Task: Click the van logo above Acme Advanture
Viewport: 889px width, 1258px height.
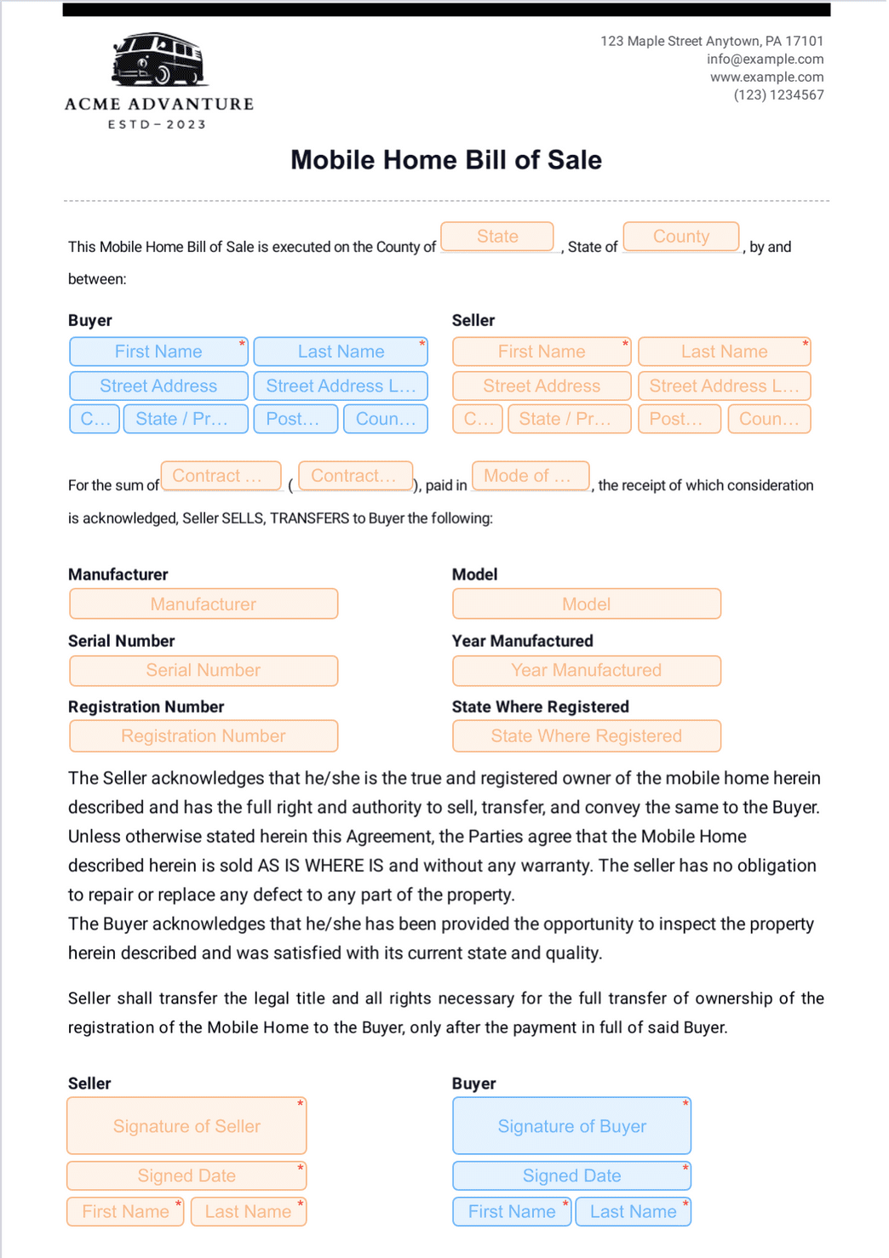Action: point(159,60)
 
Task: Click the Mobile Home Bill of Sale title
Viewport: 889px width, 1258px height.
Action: point(445,160)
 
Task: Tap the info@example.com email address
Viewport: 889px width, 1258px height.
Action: point(765,59)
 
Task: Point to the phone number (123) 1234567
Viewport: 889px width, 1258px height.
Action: point(778,94)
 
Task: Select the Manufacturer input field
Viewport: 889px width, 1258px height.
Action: point(204,604)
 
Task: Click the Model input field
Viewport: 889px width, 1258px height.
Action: point(586,604)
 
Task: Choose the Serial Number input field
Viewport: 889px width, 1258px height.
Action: point(204,671)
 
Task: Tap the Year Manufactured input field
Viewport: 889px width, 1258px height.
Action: point(586,671)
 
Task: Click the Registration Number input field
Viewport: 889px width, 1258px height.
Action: point(204,736)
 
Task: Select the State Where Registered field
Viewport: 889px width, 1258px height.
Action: point(586,736)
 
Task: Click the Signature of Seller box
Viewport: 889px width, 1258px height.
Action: point(186,1126)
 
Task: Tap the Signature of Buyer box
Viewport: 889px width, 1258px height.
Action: point(571,1126)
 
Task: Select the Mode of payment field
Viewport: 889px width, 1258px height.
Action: point(531,477)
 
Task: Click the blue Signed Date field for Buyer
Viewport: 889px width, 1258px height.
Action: point(571,1176)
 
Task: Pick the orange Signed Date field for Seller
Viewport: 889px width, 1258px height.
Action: point(186,1176)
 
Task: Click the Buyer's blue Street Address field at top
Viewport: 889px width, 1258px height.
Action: point(158,386)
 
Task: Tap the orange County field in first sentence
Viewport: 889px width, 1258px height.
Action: point(680,237)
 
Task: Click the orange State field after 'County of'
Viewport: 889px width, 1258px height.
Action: point(497,237)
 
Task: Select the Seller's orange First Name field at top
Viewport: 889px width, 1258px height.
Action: point(542,352)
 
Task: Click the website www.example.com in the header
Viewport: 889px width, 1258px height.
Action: point(766,77)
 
